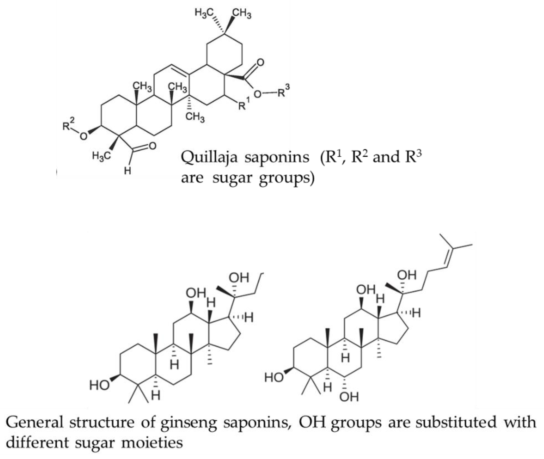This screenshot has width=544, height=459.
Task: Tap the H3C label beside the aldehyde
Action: (x=102, y=156)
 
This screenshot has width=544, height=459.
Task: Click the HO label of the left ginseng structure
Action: (x=99, y=385)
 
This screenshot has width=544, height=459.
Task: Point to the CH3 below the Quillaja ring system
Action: (x=195, y=117)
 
